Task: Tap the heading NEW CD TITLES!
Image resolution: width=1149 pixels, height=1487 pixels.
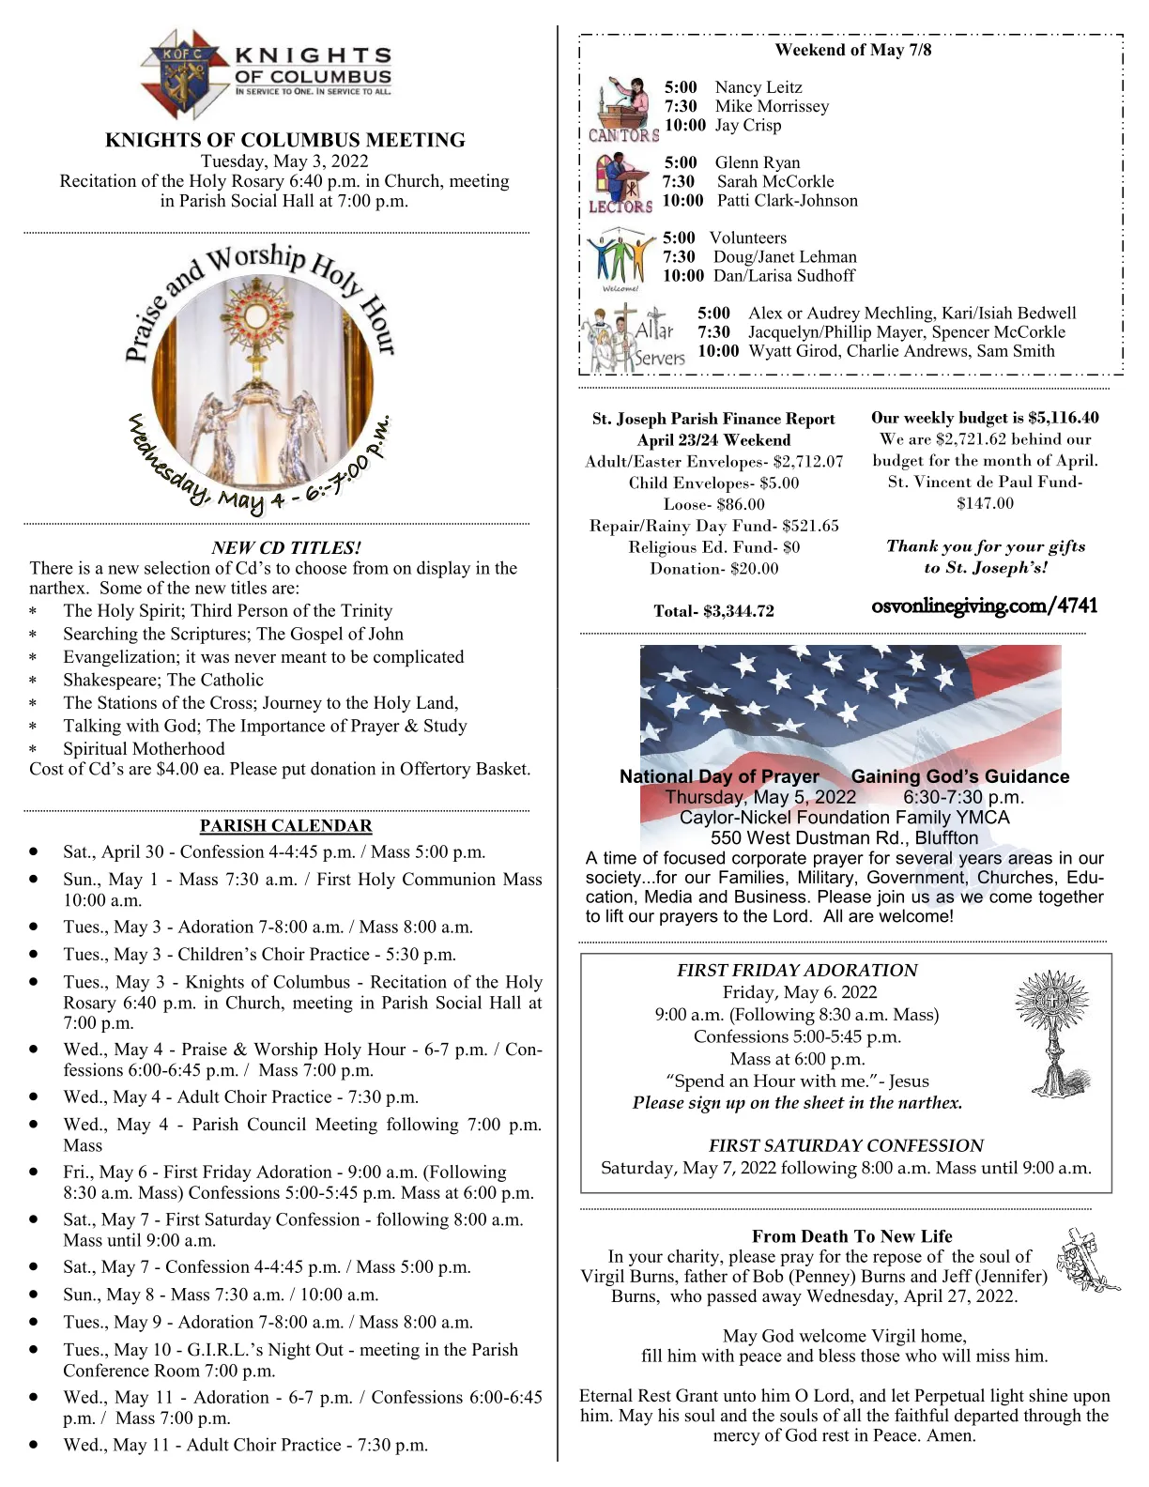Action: click(x=286, y=547)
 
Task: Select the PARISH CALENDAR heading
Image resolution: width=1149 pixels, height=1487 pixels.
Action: click(x=285, y=825)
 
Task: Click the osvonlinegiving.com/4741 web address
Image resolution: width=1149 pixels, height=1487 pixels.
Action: click(x=985, y=606)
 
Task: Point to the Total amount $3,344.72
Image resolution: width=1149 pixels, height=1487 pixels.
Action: click(x=713, y=611)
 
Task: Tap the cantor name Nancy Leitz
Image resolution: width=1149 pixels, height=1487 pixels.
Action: click(x=758, y=87)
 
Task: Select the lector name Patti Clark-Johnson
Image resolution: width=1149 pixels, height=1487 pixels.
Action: click(x=787, y=200)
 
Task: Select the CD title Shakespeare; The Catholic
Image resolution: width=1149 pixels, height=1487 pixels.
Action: click(x=163, y=680)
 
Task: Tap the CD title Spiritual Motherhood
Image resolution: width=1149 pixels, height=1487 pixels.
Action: click(x=144, y=748)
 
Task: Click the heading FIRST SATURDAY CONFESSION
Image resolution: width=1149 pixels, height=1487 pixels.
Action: click(x=845, y=1145)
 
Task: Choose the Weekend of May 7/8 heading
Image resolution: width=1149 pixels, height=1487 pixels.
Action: click(x=852, y=50)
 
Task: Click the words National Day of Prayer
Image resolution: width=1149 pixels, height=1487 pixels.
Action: click(x=719, y=776)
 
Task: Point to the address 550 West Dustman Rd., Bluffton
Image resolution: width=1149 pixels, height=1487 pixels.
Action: click(x=844, y=837)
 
